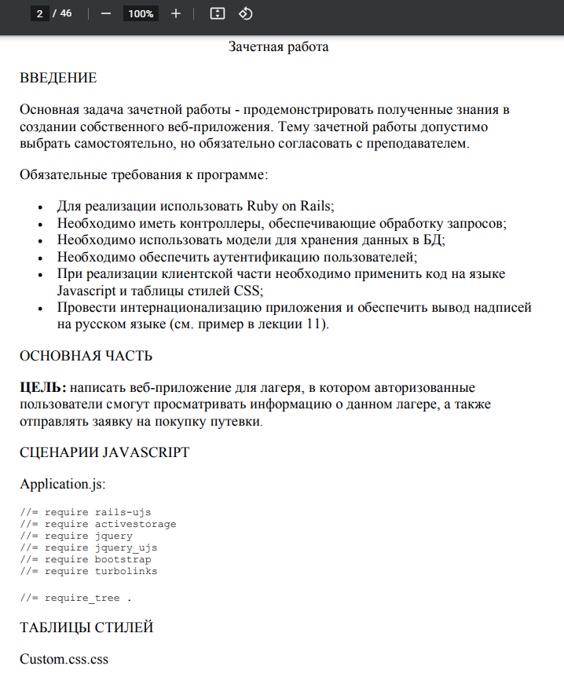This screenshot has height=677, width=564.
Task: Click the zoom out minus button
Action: pos(106,13)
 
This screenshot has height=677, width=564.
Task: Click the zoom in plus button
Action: pos(176,13)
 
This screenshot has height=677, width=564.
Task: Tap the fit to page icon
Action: pos(218,13)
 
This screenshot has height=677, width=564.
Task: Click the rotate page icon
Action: pos(245,13)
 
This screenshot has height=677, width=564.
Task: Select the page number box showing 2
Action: pos(40,13)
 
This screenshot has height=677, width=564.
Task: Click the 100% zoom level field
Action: pos(141,13)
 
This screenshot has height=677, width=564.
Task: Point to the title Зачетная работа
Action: pos(278,47)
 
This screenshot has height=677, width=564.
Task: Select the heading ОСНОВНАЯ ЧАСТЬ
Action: pos(86,356)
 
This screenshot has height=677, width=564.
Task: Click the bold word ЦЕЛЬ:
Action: pos(44,387)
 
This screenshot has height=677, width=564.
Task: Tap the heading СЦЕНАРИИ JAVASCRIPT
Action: pos(104,452)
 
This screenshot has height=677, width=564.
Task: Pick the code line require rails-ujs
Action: pos(86,512)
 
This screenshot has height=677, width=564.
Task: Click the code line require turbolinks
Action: pos(89,571)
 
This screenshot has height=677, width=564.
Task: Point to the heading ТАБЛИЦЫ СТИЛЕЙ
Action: pos(86,628)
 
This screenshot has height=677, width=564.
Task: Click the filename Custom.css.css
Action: pos(64,659)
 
